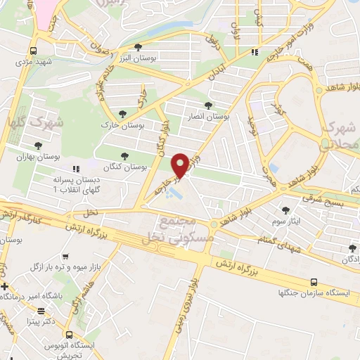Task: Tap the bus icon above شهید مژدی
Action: click(33, 51)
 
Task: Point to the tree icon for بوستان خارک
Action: click(124, 114)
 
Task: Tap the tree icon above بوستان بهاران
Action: click(37, 145)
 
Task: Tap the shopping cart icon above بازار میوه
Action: click(65, 257)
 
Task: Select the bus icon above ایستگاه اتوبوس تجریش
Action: click(68, 335)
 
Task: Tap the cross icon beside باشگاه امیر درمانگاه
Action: click(6, 287)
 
